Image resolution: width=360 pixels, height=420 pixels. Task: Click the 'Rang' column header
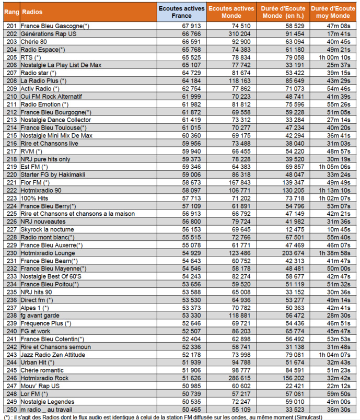click(x=11, y=11)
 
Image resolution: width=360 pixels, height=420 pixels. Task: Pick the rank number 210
click(x=11, y=97)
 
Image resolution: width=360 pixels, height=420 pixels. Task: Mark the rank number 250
click(x=11, y=409)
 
